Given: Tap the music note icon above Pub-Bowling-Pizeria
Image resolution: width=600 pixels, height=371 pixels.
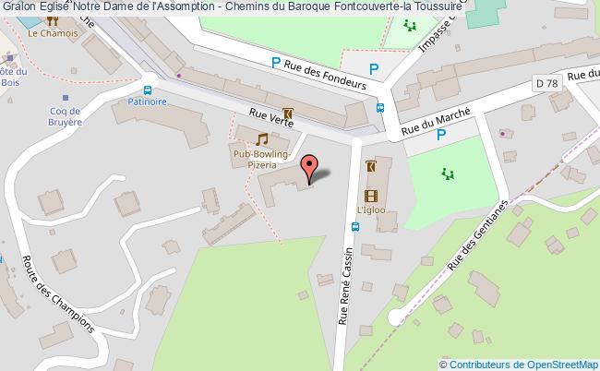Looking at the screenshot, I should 262,138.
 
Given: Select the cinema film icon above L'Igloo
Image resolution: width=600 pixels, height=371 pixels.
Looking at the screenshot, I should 371,195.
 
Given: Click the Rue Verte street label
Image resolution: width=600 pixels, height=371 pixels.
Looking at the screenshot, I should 270,120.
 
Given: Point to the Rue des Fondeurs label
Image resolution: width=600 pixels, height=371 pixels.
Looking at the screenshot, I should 325,73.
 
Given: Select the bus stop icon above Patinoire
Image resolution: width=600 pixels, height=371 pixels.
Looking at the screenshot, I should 148,90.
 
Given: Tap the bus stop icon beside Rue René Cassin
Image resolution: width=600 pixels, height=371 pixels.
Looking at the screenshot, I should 356,227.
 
